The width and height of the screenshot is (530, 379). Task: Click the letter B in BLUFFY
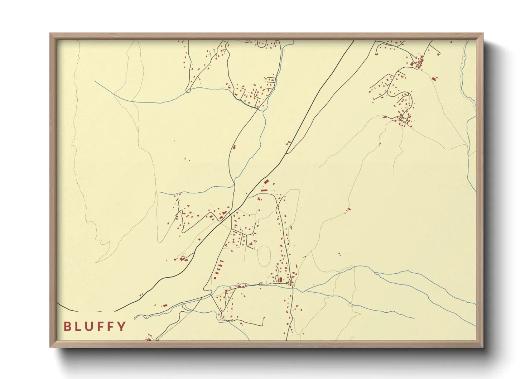67,326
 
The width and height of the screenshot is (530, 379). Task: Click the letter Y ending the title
122,326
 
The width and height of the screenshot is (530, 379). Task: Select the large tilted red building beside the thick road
266,182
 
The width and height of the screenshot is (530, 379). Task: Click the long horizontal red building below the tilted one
264,191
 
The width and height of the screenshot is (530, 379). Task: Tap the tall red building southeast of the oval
281,279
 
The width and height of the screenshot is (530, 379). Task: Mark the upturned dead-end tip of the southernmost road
264,317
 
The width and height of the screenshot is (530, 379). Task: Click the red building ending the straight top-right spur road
438,54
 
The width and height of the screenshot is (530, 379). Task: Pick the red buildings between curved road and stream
234,147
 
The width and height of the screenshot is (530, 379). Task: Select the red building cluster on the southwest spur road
184,259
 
